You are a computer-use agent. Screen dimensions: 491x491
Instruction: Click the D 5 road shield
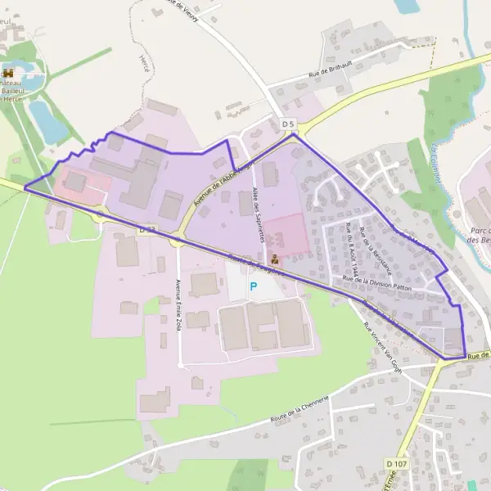[287, 124]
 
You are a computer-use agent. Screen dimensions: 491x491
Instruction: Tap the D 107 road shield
[394, 464]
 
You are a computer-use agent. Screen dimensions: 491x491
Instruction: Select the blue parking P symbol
[254, 286]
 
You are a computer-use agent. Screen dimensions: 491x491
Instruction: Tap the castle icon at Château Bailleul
[9, 73]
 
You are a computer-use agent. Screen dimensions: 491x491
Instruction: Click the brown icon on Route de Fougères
[274, 260]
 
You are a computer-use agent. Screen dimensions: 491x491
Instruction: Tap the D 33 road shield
[146, 230]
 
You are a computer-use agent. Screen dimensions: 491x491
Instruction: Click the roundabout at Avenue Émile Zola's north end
[177, 239]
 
